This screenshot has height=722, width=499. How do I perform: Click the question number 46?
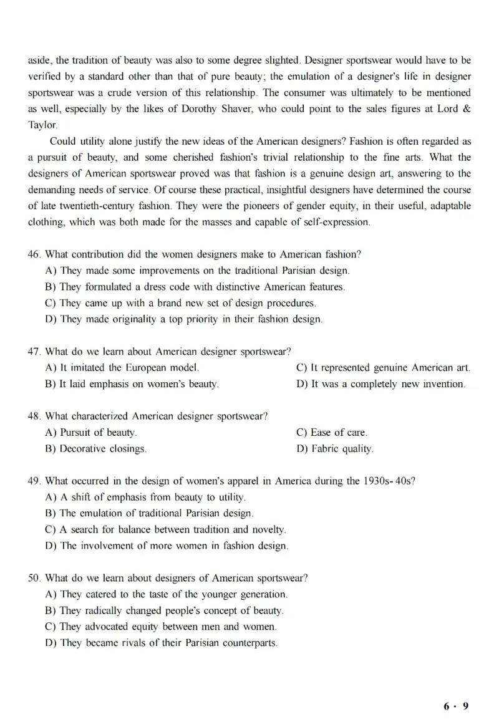coord(34,255)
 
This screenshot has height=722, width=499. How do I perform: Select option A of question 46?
coord(198,271)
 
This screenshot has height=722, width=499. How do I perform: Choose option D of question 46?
coord(184,319)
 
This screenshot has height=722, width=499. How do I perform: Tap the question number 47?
coord(34,352)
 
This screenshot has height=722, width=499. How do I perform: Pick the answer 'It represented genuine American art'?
coord(383,368)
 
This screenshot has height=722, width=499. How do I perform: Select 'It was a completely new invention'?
coord(380,384)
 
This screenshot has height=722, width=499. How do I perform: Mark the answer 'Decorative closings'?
coord(96,448)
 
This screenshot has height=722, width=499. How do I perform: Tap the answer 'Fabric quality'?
coord(335,448)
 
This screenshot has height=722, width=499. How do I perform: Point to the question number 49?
coord(34,481)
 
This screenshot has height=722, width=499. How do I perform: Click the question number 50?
coord(34,578)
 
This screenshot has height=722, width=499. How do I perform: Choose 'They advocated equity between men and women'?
coord(162,626)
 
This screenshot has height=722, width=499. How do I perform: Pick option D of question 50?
coord(162,642)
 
